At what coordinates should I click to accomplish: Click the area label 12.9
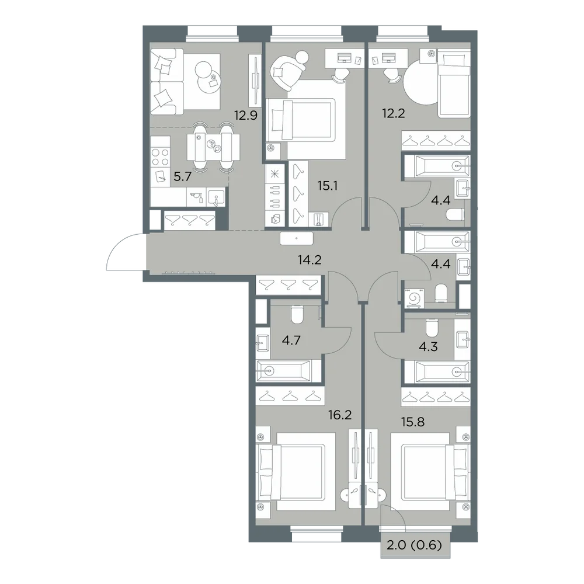[245, 116]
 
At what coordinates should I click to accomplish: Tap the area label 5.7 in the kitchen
[182, 176]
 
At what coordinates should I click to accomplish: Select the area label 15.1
[328, 186]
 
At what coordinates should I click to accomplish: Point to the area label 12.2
[394, 113]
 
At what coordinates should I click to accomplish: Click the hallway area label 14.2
[310, 260]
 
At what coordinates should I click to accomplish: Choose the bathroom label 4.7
[291, 340]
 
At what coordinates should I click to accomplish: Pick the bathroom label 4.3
[428, 347]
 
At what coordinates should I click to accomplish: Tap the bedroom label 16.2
[340, 415]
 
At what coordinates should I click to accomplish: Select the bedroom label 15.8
[413, 422]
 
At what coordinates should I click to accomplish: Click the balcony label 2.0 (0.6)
[414, 545]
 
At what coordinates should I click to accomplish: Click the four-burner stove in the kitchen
[160, 157]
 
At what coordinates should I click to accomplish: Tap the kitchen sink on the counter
[216, 197]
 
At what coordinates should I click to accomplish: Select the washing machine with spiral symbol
[415, 298]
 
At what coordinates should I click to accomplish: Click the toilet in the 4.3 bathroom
[432, 327]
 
